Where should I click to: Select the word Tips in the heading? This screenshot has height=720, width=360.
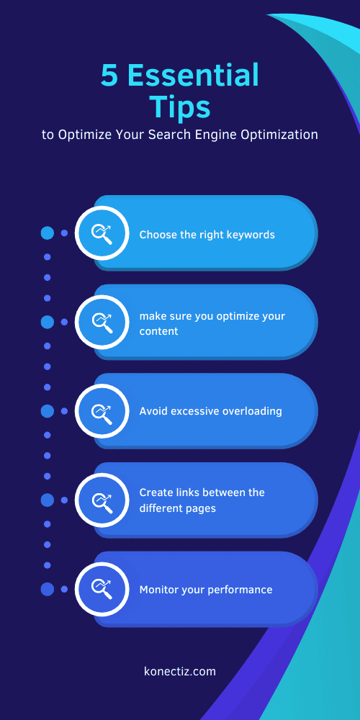coord(180,107)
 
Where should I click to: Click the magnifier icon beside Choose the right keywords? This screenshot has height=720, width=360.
coord(101,233)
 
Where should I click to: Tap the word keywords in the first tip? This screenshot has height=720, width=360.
coord(248,235)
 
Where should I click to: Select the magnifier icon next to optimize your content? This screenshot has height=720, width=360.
coord(101,321)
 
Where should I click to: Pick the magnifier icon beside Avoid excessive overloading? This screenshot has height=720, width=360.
coord(101,410)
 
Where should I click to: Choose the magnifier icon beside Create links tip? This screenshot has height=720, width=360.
coord(101,500)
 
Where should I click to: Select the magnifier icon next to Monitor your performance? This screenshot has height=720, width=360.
coord(101,589)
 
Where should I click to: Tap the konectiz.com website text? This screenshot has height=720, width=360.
coord(180,671)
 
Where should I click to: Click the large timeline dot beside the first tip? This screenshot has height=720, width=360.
coord(48,233)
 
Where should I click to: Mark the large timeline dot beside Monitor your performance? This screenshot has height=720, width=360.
coord(48,589)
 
